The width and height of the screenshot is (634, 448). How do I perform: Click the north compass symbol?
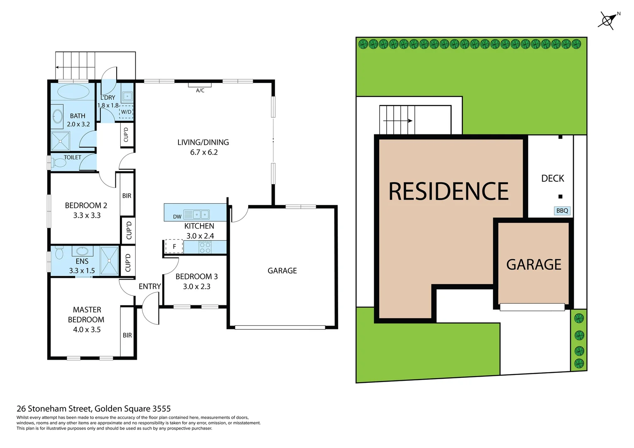point(608,20)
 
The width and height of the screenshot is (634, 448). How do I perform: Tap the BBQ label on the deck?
point(562,211)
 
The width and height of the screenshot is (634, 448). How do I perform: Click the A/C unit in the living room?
point(200,85)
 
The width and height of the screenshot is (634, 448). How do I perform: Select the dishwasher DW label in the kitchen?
point(177,217)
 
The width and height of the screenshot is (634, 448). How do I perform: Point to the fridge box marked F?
point(174,246)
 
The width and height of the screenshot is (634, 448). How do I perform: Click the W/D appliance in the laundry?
point(126,112)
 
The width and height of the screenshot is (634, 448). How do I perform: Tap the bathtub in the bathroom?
point(73,91)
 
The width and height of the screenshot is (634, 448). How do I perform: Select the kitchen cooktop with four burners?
point(205,248)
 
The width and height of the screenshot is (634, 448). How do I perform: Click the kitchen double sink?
point(201,214)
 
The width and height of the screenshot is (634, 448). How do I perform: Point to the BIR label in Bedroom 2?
point(127,196)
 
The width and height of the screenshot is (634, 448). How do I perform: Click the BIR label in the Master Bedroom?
point(127,335)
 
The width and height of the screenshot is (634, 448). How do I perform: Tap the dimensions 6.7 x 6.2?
point(204,152)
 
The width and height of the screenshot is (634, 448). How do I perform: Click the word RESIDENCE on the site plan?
point(448,191)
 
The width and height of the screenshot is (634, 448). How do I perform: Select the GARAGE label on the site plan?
point(534,265)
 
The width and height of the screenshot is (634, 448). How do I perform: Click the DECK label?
point(553,178)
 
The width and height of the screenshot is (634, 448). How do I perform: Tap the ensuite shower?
point(109,260)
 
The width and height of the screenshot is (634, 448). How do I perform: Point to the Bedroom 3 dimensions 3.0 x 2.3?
point(197,287)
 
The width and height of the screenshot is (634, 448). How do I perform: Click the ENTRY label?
point(150,286)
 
